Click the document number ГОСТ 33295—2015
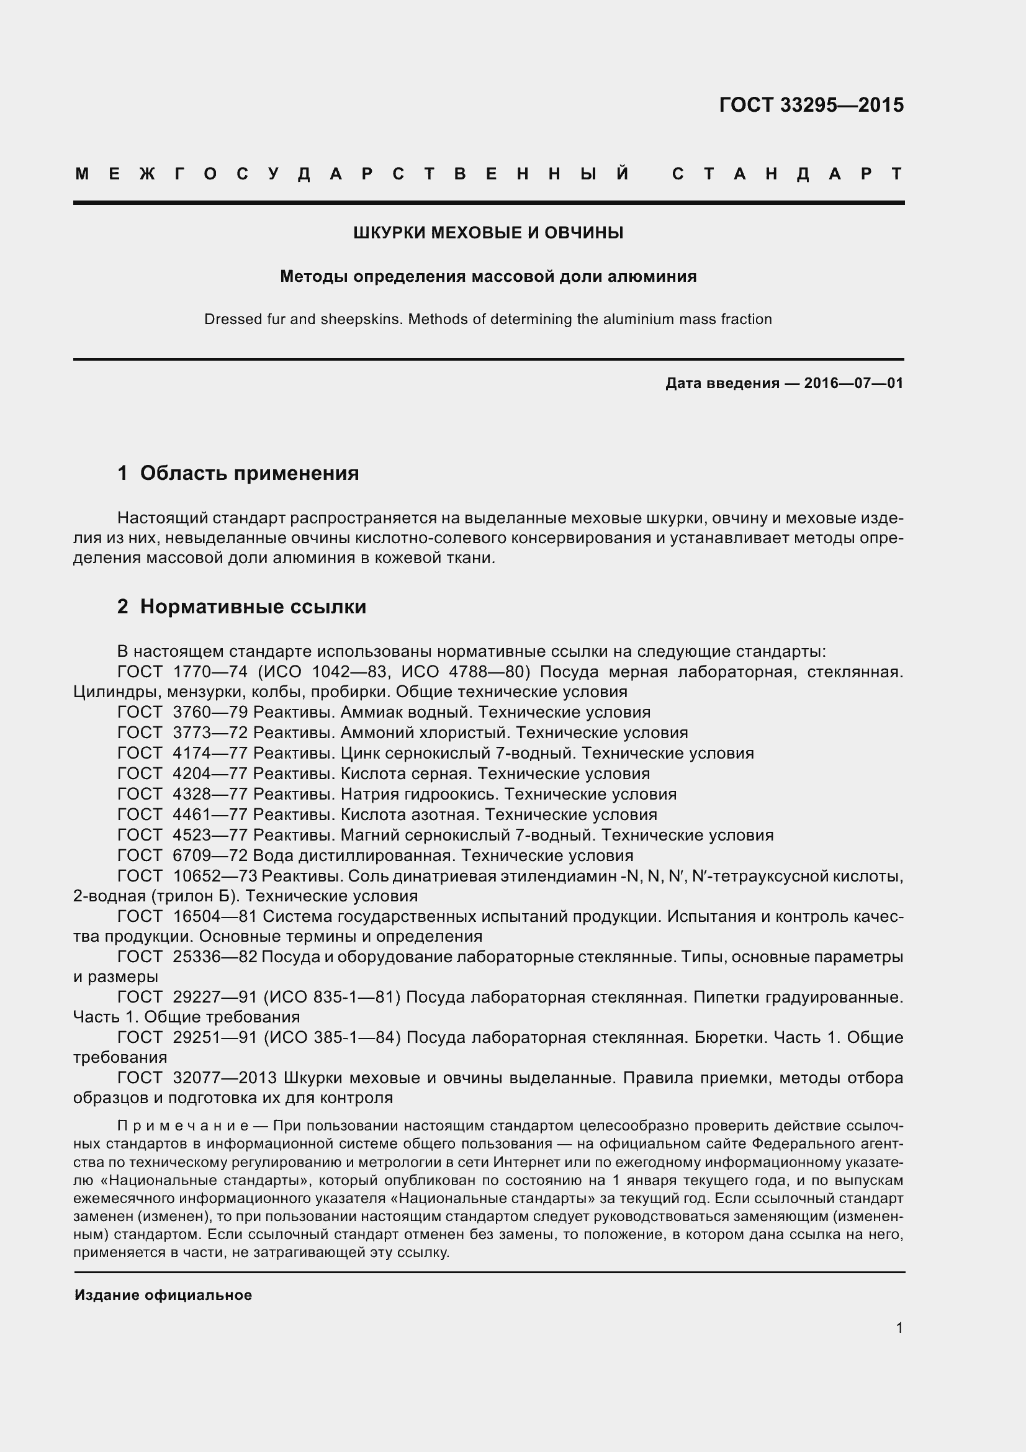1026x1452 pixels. pos(811,105)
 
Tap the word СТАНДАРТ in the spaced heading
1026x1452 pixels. pos(787,174)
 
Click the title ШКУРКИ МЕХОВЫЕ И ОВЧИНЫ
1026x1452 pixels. pos(488,233)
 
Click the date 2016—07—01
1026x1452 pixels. pos(853,383)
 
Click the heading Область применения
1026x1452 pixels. pos(249,473)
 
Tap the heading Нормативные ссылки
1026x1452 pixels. pos(253,607)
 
